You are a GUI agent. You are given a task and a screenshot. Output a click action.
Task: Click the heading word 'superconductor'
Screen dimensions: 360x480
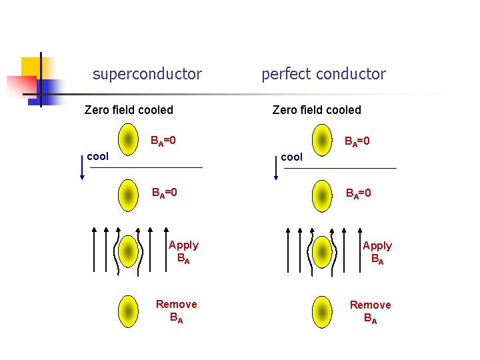pos(147,74)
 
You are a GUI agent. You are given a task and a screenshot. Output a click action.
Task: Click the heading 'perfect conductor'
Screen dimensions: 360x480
pos(323,74)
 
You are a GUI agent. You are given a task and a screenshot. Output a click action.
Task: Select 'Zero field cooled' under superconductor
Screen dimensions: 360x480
pos(129,110)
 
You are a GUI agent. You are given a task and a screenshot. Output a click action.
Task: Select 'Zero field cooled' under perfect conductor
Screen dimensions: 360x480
pos(317,110)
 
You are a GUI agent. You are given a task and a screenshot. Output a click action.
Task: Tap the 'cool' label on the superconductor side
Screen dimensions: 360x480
pos(98,157)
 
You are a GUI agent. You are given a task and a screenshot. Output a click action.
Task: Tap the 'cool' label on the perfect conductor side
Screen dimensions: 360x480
pos(291,157)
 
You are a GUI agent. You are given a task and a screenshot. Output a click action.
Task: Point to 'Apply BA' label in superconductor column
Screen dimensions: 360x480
pos(183,252)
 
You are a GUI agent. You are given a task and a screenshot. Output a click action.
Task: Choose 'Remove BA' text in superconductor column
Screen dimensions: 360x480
pos(177,311)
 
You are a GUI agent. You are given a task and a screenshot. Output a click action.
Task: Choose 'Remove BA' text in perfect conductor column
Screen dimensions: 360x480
pos(371,311)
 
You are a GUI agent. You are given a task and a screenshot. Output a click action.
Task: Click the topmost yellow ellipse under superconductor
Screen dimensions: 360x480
pos(127,141)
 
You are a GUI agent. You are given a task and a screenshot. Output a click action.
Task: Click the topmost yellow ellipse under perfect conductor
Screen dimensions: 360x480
pos(322,141)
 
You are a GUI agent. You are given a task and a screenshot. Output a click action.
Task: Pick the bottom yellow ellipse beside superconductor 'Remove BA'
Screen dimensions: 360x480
pos(127,312)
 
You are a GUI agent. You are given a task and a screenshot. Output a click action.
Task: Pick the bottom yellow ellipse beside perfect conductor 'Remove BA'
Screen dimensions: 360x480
pos(322,312)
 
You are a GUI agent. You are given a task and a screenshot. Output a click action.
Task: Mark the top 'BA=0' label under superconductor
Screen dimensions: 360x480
pos(163,141)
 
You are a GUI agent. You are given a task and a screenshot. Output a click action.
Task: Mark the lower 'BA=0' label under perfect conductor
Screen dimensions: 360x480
pos(358,193)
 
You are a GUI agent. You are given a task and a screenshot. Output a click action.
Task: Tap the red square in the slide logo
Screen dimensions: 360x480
pos(22,85)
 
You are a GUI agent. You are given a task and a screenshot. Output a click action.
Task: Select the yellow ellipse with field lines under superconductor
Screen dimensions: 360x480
pos(127,251)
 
